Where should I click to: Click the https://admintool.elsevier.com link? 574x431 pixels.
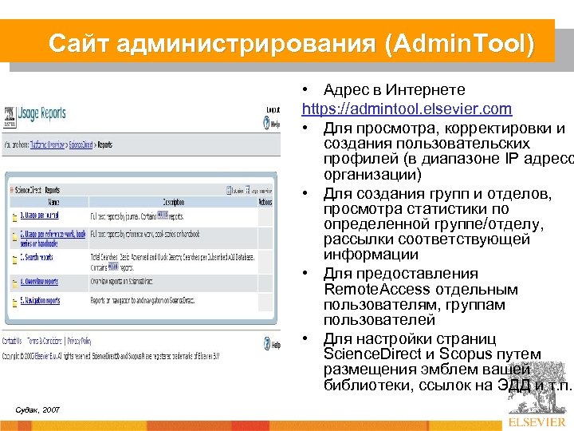(407, 108)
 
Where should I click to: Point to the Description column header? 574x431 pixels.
(173, 202)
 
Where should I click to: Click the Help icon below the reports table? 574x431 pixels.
(272, 345)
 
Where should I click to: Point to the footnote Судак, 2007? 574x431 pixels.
(37, 409)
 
